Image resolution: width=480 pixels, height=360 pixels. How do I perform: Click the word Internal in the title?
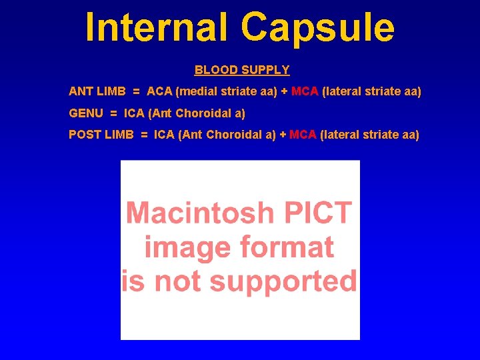pyautogui.click(x=158, y=28)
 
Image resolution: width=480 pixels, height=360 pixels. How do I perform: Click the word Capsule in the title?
pyautogui.click(x=317, y=28)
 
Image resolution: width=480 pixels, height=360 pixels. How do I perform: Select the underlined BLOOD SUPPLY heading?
pyautogui.click(x=242, y=70)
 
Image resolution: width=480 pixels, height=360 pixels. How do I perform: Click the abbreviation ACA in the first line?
pyautogui.click(x=159, y=91)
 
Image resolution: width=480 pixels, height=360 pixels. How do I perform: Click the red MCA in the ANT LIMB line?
pyautogui.click(x=305, y=91)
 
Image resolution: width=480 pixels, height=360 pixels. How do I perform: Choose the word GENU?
pyautogui.click(x=85, y=113)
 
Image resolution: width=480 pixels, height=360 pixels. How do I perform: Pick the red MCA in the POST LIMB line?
pyautogui.click(x=303, y=135)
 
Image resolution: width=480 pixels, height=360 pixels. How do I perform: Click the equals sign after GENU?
pyautogui.click(x=113, y=113)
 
